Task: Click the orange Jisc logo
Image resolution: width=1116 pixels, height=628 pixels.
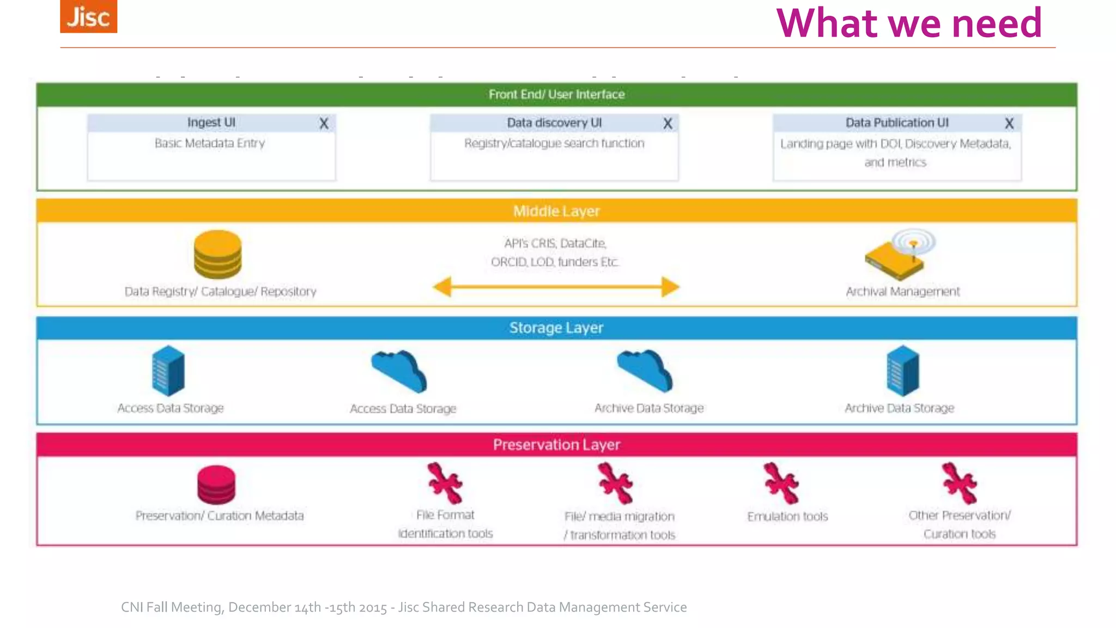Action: [x=88, y=16]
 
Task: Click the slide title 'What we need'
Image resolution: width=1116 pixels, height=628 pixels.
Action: [x=909, y=23]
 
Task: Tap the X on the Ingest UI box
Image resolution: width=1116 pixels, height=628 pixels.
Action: [x=324, y=124]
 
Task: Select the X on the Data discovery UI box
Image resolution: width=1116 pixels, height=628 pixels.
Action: [x=668, y=124]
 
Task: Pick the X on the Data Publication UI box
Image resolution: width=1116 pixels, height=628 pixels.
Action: [x=1009, y=124]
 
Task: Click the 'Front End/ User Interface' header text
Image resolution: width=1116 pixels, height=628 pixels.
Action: [x=556, y=94]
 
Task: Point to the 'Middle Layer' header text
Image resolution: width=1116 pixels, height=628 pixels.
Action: [x=556, y=211]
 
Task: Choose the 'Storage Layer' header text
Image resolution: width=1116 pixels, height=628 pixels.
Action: [x=556, y=328]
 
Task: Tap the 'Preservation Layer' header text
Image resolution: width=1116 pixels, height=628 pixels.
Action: [x=556, y=445]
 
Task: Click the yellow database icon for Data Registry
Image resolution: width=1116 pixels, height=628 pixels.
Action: [x=217, y=254]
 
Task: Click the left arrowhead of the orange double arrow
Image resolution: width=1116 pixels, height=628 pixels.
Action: [x=442, y=287]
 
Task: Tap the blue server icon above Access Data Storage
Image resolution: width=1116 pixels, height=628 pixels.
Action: [x=168, y=371]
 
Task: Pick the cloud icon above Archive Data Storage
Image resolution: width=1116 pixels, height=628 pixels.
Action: [x=645, y=371]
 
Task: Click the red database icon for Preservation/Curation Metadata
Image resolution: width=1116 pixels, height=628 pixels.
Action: [x=216, y=484]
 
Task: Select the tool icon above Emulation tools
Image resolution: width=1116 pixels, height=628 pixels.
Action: [x=781, y=483]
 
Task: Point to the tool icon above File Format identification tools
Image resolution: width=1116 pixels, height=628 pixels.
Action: [x=445, y=483]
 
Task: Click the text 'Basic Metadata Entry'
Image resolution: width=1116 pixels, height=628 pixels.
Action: [x=210, y=143]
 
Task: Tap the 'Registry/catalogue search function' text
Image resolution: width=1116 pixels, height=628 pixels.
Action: [x=554, y=143]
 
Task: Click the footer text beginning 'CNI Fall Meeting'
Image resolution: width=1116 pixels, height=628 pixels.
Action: [x=403, y=607]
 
